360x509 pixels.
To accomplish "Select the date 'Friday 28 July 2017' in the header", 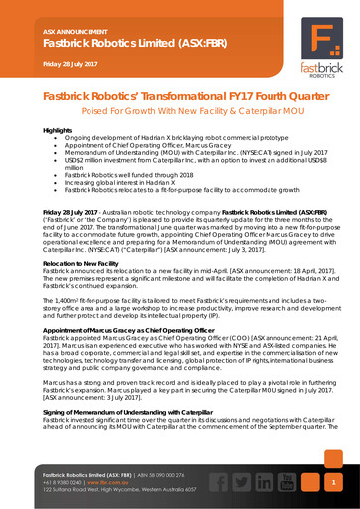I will (x=76, y=64).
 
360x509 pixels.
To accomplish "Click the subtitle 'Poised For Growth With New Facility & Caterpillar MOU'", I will (x=180, y=112).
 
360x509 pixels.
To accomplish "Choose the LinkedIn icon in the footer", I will (x=264, y=482).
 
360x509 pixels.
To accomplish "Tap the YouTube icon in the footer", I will (x=288, y=482).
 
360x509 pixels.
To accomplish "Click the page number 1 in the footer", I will (x=335, y=482).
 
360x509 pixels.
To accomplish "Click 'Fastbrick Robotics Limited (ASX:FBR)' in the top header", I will (x=115, y=44).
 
